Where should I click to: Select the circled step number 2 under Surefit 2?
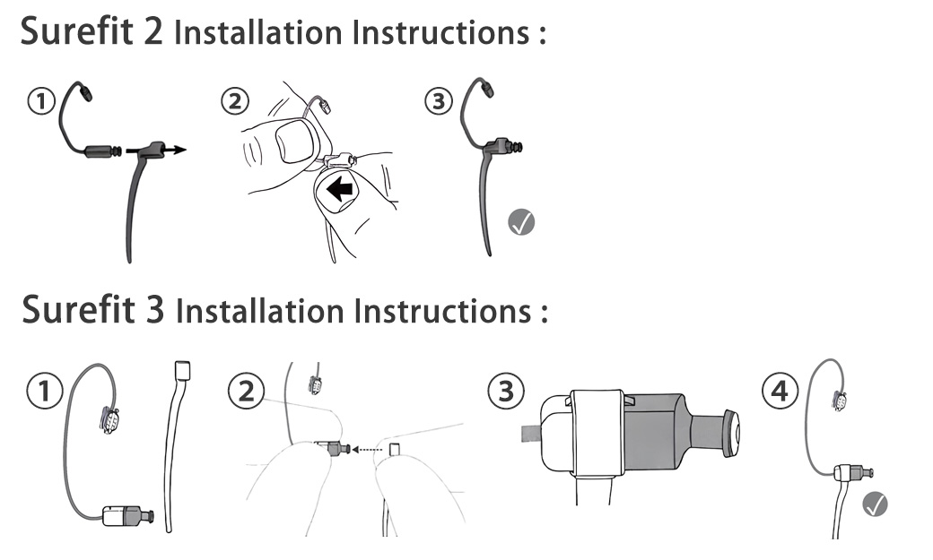click(x=234, y=101)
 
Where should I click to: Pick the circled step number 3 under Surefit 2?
click(x=439, y=101)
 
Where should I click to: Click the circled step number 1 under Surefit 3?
click(x=41, y=390)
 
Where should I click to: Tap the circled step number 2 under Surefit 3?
click(x=244, y=390)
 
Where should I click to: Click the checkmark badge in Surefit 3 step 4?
click(x=875, y=504)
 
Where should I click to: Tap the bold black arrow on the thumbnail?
click(x=340, y=189)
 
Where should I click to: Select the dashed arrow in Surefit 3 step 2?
click(x=366, y=449)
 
